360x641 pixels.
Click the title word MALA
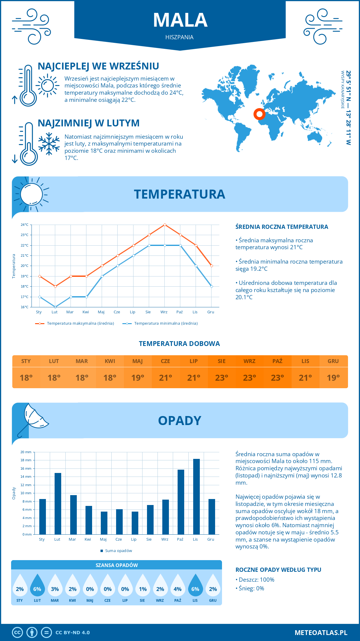point(180,20)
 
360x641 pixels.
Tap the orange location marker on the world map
point(259,114)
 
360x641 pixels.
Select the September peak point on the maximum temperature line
point(165,225)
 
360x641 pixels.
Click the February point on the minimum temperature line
point(55,307)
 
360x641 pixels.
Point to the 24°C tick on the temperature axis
point(25,225)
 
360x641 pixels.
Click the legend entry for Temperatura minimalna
point(160,323)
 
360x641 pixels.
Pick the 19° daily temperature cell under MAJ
point(138,378)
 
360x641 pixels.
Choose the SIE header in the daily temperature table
point(221,361)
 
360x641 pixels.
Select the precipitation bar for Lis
point(196,497)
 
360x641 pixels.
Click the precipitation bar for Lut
point(58,504)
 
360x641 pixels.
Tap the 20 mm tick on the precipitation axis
point(26,452)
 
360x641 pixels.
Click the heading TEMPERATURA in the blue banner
point(179,194)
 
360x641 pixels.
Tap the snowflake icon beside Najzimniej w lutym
point(49,144)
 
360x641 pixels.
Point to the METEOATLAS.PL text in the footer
point(321,632)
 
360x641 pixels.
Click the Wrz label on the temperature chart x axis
point(164,312)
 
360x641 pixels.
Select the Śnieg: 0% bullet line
point(251,588)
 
